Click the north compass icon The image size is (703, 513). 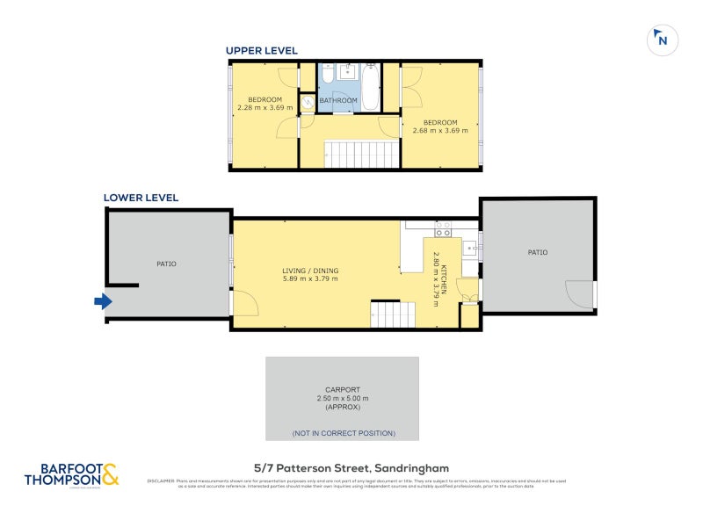[x=662, y=40]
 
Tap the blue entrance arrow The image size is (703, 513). [x=103, y=301]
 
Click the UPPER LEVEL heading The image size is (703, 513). [x=262, y=51]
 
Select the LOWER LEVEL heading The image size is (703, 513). [x=141, y=198]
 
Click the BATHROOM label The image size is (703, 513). [x=338, y=101]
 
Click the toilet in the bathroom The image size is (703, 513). [x=308, y=103]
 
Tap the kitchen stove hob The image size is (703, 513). [x=443, y=229]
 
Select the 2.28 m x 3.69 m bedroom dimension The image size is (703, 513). [x=265, y=108]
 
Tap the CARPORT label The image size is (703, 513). [x=342, y=389]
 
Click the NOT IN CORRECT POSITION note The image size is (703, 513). [x=343, y=433]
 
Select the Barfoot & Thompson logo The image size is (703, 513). [x=70, y=474]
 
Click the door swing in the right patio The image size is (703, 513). [x=580, y=293]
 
